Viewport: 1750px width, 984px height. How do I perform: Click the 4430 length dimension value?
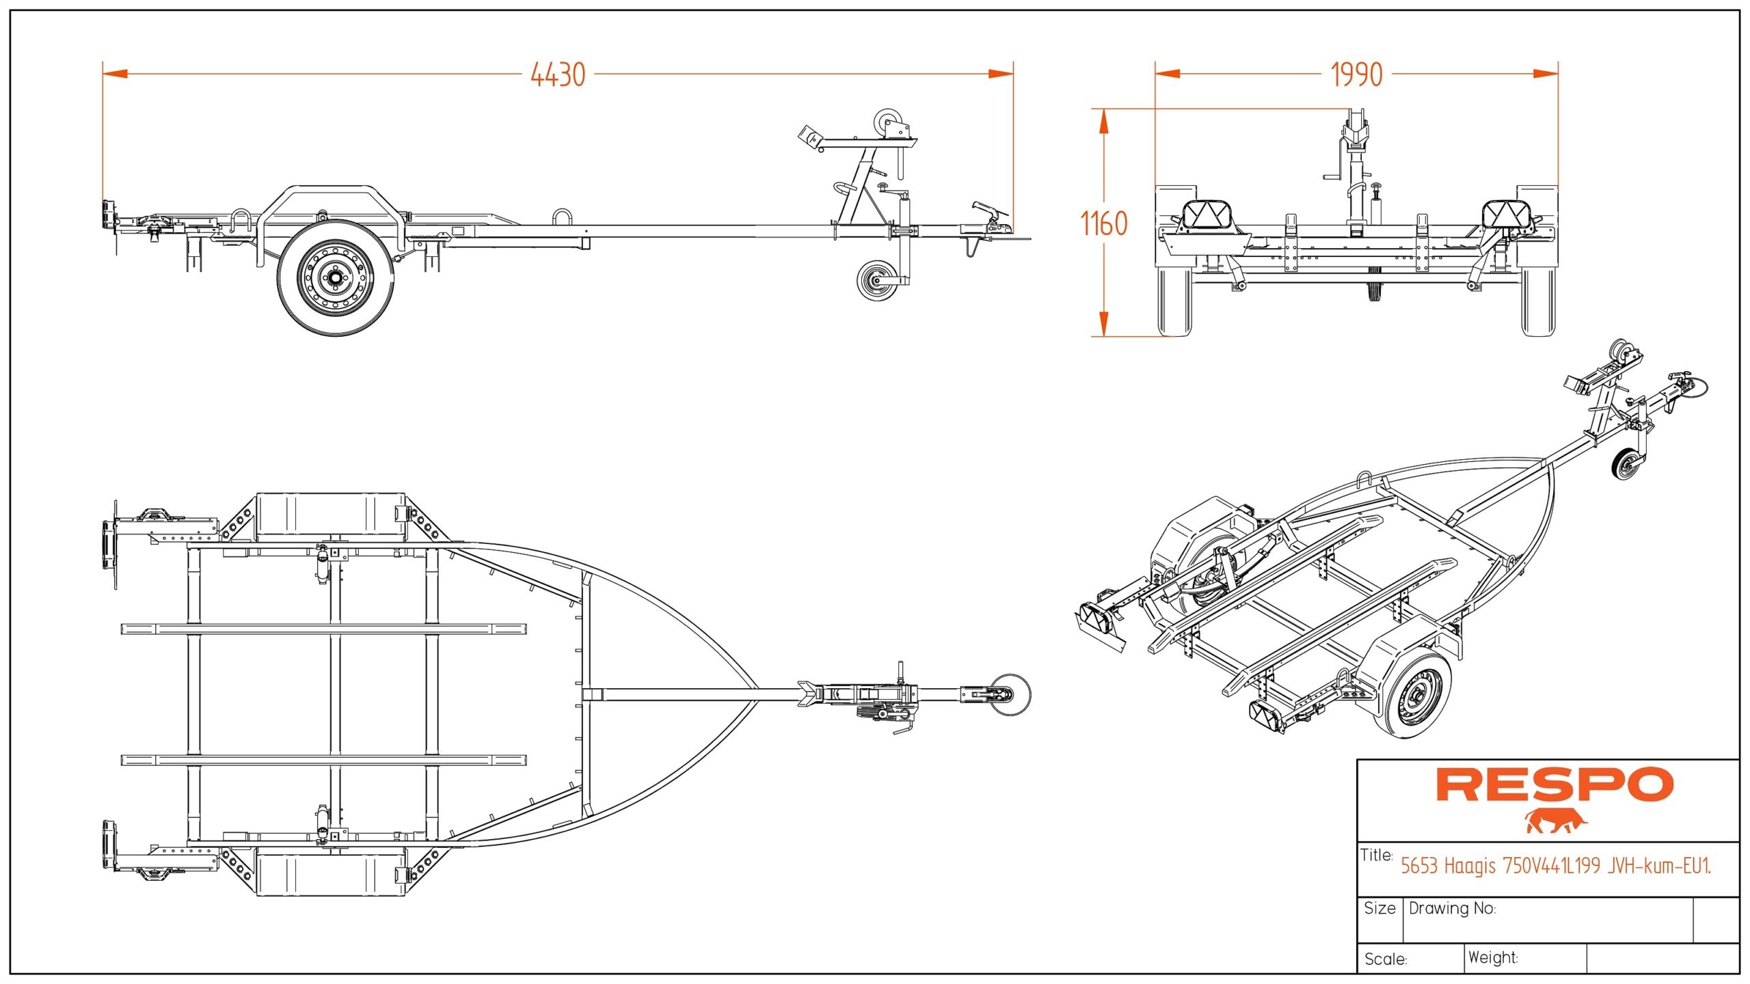tap(558, 74)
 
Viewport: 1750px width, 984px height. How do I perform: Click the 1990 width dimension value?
tap(1356, 74)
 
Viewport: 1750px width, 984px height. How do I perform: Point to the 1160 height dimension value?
tap(1103, 223)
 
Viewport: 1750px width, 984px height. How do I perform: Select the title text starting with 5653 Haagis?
tap(1555, 866)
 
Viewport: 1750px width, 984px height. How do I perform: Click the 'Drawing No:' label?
tap(1452, 908)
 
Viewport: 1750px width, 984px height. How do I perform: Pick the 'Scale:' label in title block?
tap(1385, 959)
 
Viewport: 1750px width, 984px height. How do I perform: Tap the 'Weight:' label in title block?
tap(1493, 957)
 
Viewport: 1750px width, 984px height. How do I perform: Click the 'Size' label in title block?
tap(1379, 908)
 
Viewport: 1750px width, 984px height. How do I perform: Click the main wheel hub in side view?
tap(335, 278)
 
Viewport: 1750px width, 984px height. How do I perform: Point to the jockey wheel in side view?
tap(876, 280)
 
